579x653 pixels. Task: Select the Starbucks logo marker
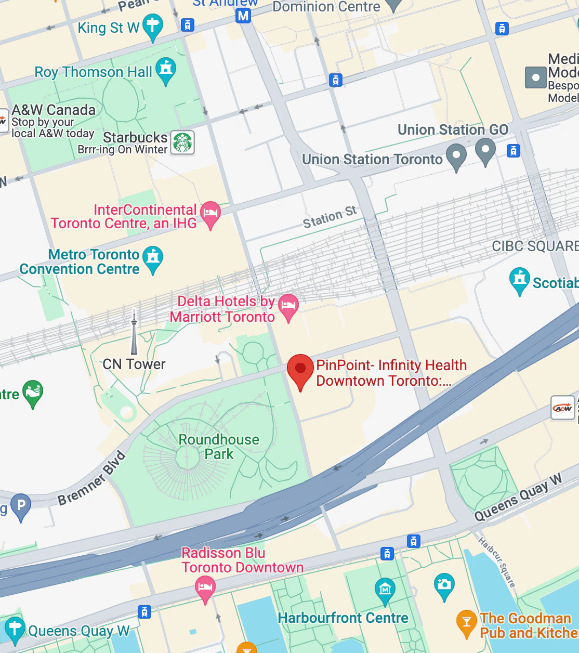182,142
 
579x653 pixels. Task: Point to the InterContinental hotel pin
210,213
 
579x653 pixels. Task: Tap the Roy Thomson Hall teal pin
166,70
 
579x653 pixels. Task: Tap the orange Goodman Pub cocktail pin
466,622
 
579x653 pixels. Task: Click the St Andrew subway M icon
243,16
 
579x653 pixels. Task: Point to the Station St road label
330,217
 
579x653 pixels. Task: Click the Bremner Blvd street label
92,478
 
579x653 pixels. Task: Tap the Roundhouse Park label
219,447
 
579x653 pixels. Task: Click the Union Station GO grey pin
485,150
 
